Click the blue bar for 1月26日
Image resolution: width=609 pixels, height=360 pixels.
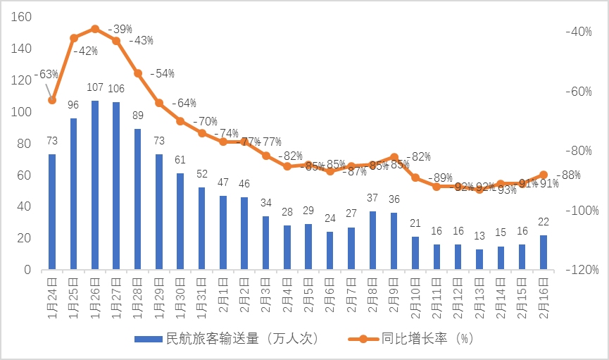coord(95,185)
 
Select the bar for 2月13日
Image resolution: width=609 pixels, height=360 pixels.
coord(479,259)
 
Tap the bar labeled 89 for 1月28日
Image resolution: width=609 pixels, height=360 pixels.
coord(137,199)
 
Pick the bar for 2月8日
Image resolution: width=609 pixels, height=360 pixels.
coord(372,240)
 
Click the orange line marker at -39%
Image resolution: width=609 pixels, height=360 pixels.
coord(95,29)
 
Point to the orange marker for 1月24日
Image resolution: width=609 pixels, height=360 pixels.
coord(52,100)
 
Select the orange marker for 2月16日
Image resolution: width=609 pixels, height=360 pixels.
coord(544,175)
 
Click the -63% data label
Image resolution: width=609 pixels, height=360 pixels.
coord(46,74)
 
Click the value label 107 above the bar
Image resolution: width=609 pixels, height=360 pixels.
coord(95,88)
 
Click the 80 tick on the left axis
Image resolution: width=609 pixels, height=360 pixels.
coord(25,144)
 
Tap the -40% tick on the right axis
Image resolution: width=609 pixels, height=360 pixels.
coord(582,32)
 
